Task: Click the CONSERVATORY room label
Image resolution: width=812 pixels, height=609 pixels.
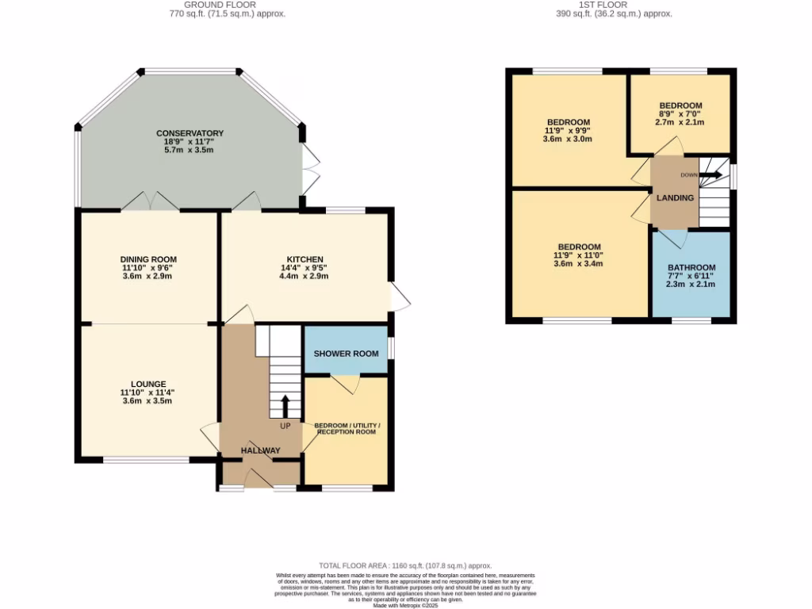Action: (x=190, y=132)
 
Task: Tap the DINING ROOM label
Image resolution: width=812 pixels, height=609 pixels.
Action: (x=148, y=259)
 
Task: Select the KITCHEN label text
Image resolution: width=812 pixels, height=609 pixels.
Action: (x=304, y=259)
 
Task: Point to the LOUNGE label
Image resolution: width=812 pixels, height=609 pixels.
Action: (x=148, y=384)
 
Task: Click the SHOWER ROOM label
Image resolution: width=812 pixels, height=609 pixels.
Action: (x=346, y=353)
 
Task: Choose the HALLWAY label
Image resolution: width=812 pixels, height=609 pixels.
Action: (x=261, y=450)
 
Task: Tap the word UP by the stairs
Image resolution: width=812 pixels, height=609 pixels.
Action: (x=285, y=426)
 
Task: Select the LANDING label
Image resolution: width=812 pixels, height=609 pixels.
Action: (x=675, y=197)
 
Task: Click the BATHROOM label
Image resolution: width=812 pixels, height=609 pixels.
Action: (x=691, y=267)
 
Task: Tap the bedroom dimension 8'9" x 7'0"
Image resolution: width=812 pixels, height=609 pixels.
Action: (x=680, y=114)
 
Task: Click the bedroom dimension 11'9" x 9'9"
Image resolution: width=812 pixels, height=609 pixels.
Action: (x=568, y=131)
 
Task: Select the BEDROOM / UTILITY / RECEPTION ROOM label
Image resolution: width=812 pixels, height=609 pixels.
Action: (x=347, y=429)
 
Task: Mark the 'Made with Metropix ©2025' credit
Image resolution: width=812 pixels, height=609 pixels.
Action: (x=405, y=605)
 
